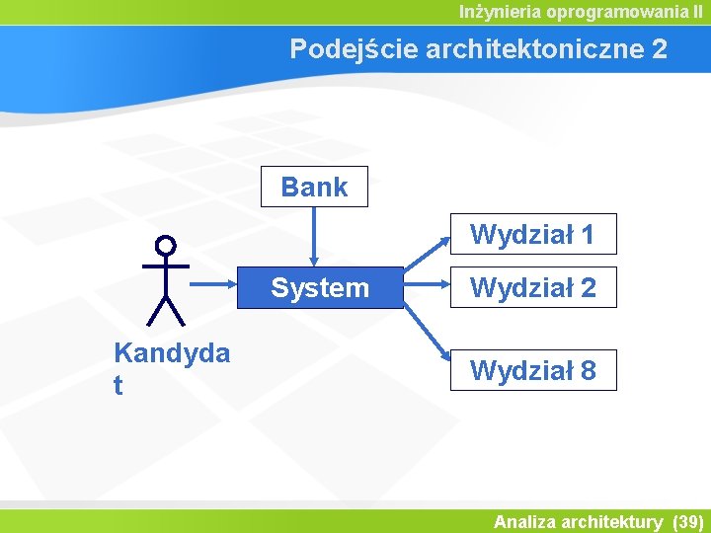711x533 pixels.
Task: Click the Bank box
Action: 314,187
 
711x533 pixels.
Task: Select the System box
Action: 321,288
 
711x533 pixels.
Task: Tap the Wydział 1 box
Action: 533,235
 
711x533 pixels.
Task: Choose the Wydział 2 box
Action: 533,288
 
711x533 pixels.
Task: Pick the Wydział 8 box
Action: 533,371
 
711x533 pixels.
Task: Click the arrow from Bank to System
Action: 314,237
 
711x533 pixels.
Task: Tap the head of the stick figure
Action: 166,245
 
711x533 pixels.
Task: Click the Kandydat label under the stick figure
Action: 172,367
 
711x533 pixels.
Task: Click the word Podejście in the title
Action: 353,49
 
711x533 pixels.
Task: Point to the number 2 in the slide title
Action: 660,49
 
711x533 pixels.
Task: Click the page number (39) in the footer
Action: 687,521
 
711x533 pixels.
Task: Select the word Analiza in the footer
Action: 524,521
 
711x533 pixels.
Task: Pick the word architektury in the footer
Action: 612,521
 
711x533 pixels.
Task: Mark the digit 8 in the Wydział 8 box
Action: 588,371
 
